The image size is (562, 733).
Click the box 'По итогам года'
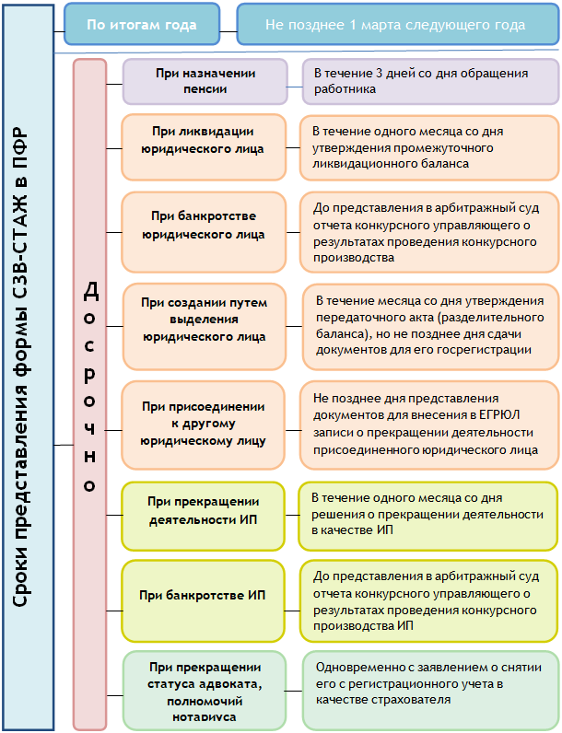[x=141, y=25]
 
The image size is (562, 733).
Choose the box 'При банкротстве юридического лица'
[x=204, y=224]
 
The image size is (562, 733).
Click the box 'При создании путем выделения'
[x=204, y=319]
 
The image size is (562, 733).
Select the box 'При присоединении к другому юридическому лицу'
[x=204, y=423]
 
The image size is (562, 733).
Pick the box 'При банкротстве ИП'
[x=203, y=595]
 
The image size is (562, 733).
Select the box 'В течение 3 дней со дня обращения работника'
[x=429, y=81]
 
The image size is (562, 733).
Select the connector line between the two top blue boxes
[x=228, y=25]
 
